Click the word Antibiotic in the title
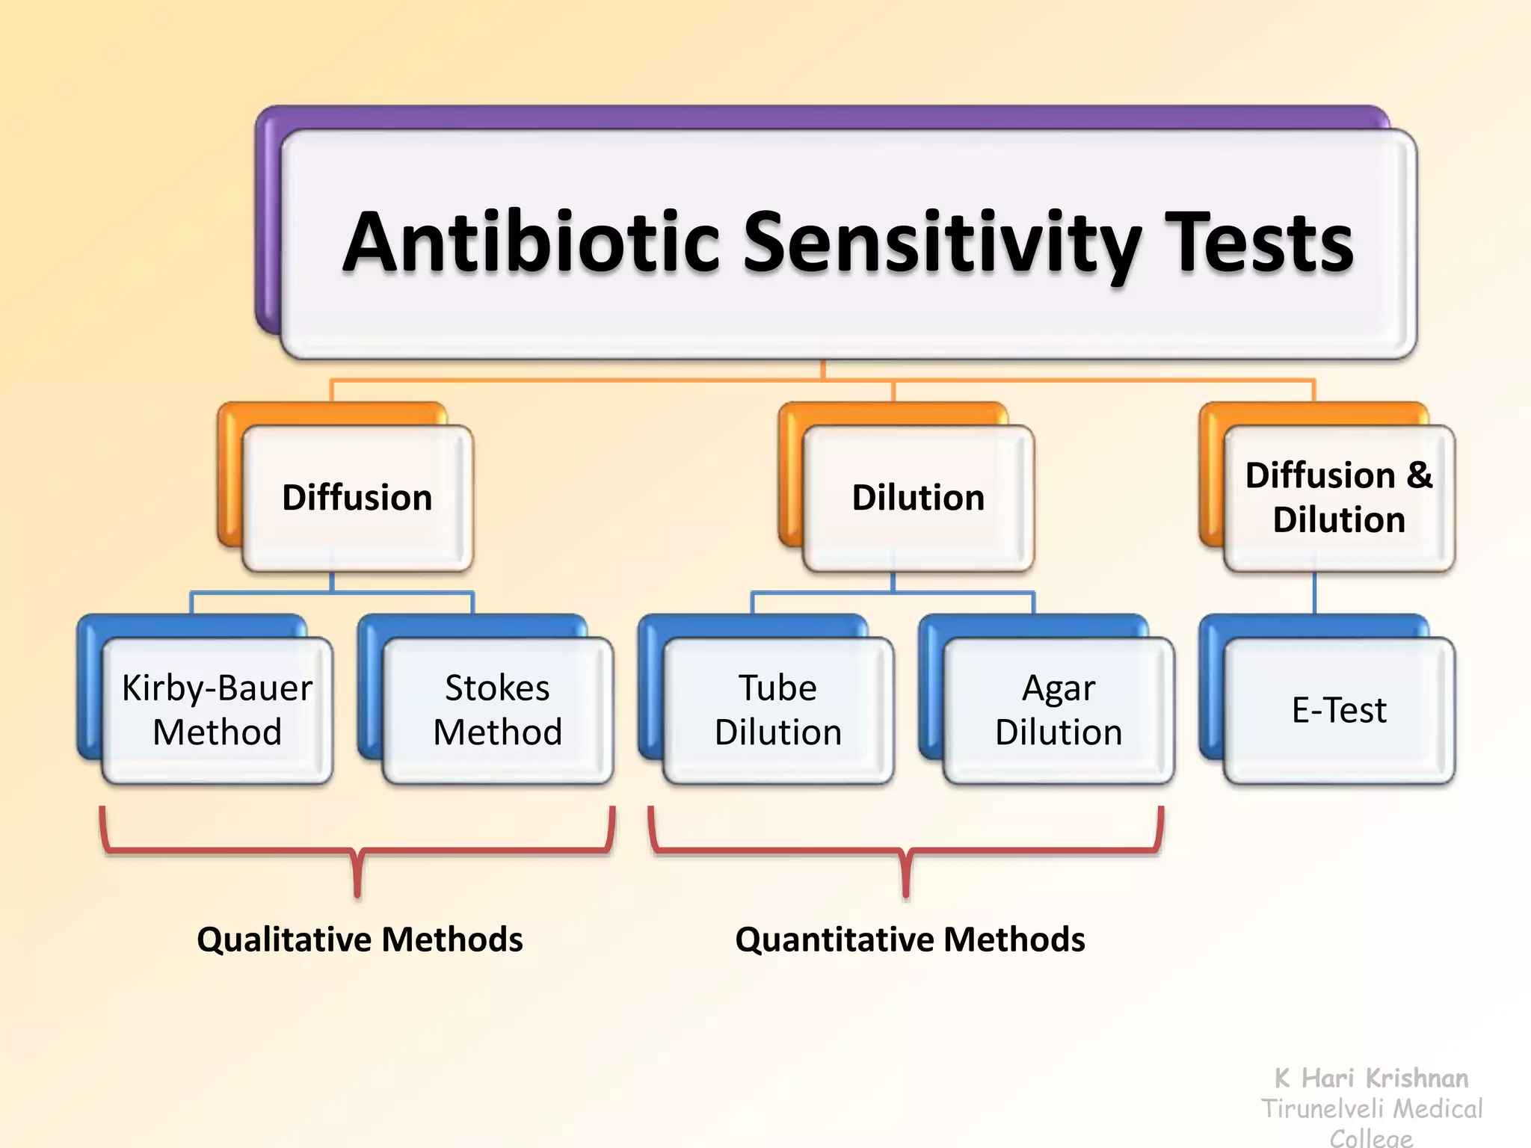click(x=531, y=243)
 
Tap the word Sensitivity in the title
click(x=942, y=243)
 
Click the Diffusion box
click(x=357, y=498)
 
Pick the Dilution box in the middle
click(x=918, y=498)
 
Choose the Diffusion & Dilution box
click(x=1338, y=498)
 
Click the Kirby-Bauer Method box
click(x=217, y=710)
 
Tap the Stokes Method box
click(x=497, y=710)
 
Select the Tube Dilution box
click(x=777, y=710)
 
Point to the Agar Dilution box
click(x=1059, y=710)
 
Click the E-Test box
click(x=1338, y=710)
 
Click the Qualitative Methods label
click(x=360, y=939)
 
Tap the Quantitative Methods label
click(x=910, y=939)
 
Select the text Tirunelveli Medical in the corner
click(x=1371, y=1108)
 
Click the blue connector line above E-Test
click(x=1314, y=594)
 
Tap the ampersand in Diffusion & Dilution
click(x=1419, y=475)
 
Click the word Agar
click(x=1059, y=688)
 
